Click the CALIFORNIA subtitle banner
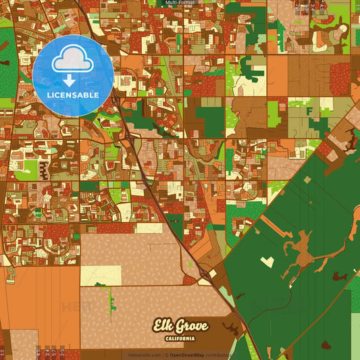click(179, 338)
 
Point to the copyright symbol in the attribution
click(167, 355)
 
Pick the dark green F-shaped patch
click(309, 109)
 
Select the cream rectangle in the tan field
click(101, 276)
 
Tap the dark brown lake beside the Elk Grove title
click(232, 330)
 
